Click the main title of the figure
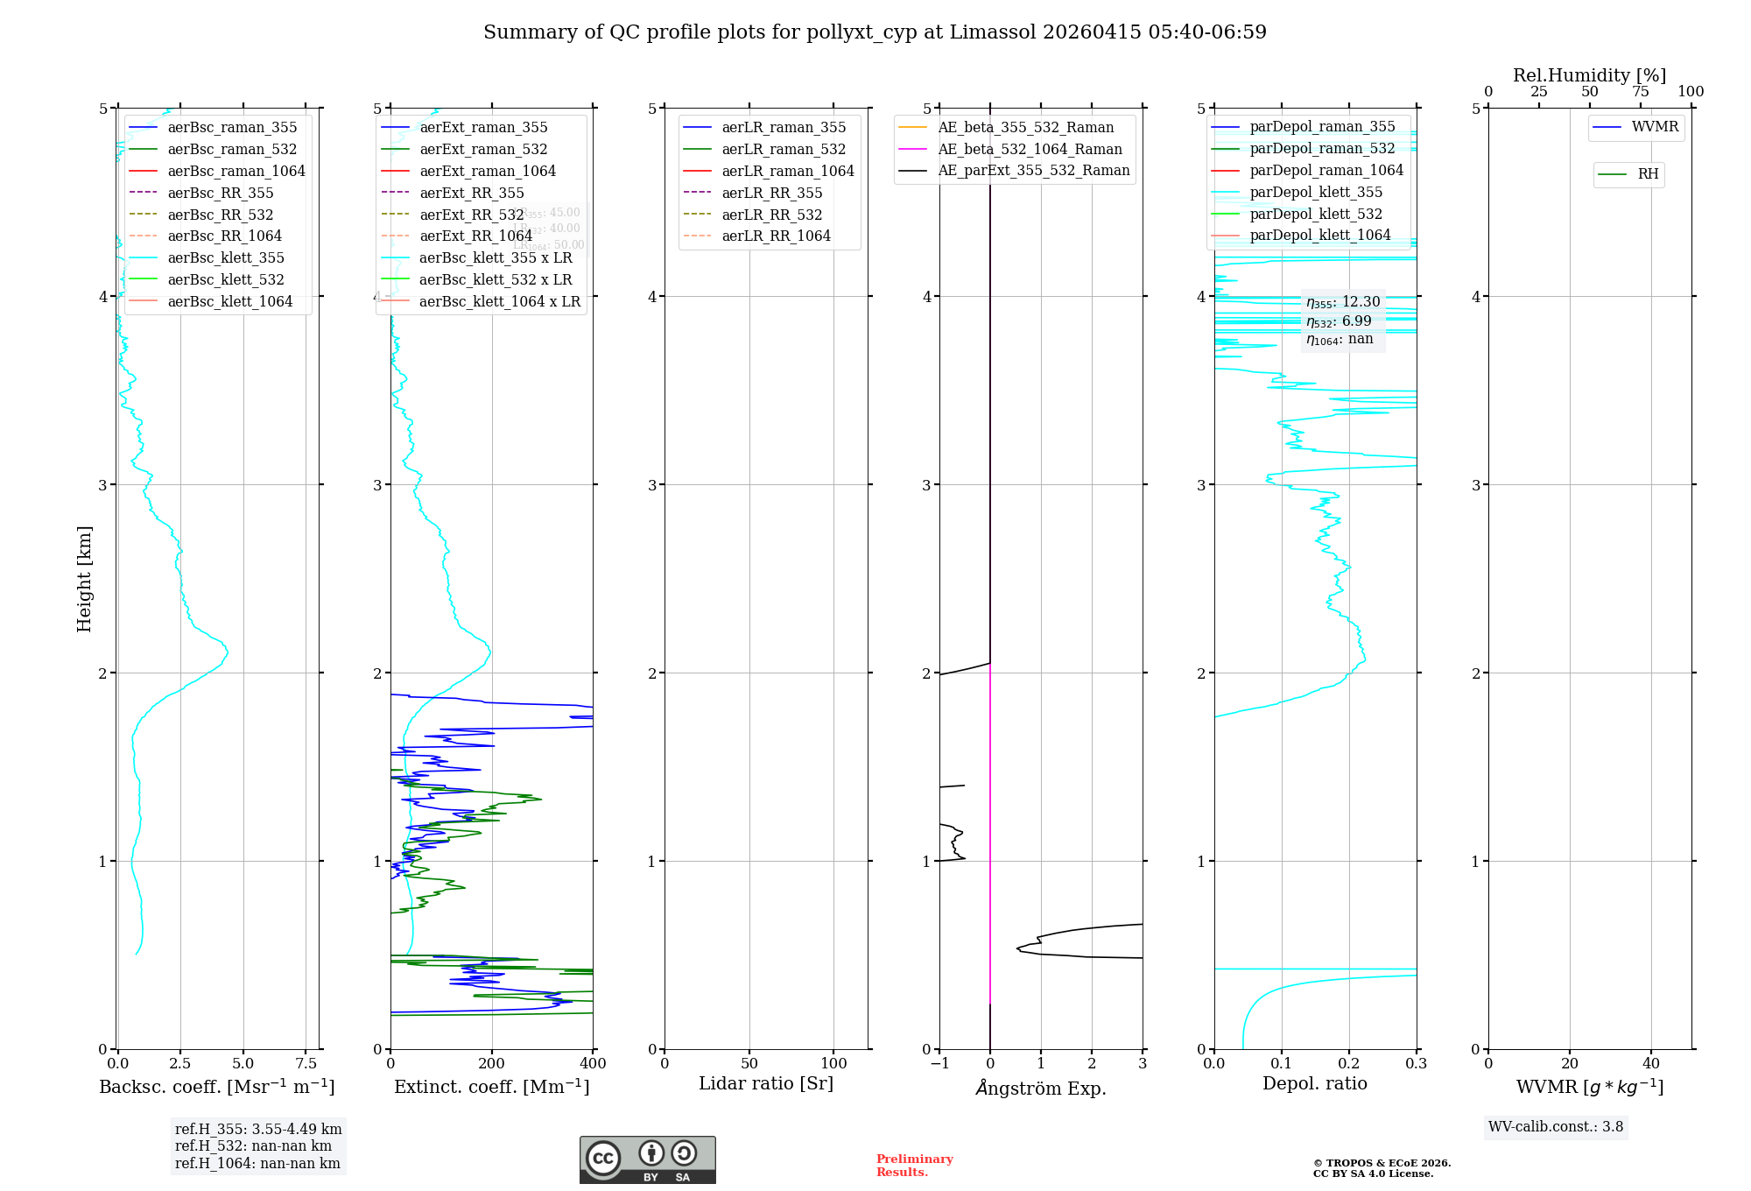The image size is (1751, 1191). tap(875, 32)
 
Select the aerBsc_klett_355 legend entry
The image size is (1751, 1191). tap(225, 258)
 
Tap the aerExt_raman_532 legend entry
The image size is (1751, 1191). tap(483, 150)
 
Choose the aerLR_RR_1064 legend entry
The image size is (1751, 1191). tap(776, 236)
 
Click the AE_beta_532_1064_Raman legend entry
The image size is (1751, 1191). tap(1030, 150)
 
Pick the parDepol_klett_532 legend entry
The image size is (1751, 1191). tap(1315, 215)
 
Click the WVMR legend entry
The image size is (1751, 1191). tap(1654, 128)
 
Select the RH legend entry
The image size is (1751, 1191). tap(1648, 175)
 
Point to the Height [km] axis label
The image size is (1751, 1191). tap(84, 578)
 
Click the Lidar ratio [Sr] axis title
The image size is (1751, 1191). tap(766, 1084)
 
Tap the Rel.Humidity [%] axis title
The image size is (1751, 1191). tap(1589, 75)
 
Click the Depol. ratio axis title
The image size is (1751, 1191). tap(1314, 1084)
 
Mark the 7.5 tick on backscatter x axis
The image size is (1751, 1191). tap(306, 1064)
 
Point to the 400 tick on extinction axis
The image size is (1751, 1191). tap(593, 1064)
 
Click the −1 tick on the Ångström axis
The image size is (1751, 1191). tap(939, 1064)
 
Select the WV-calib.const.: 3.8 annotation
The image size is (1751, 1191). tap(1555, 1127)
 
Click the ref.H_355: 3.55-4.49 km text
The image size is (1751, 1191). tap(258, 1130)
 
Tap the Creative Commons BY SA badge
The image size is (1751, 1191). tap(647, 1159)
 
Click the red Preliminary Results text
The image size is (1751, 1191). tap(914, 1166)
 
